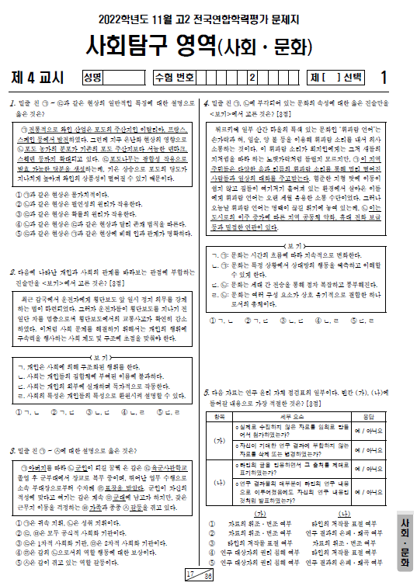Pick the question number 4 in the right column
tap(206, 103)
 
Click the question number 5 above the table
tap(206, 391)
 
